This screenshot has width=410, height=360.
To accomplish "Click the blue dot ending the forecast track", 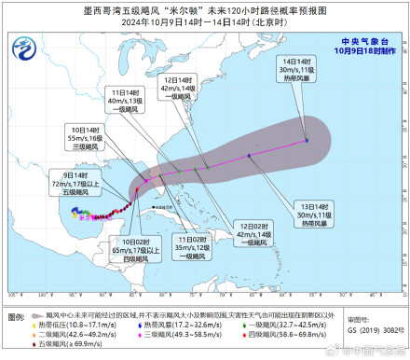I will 307,141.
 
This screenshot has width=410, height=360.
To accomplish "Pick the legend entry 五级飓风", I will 58,344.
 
